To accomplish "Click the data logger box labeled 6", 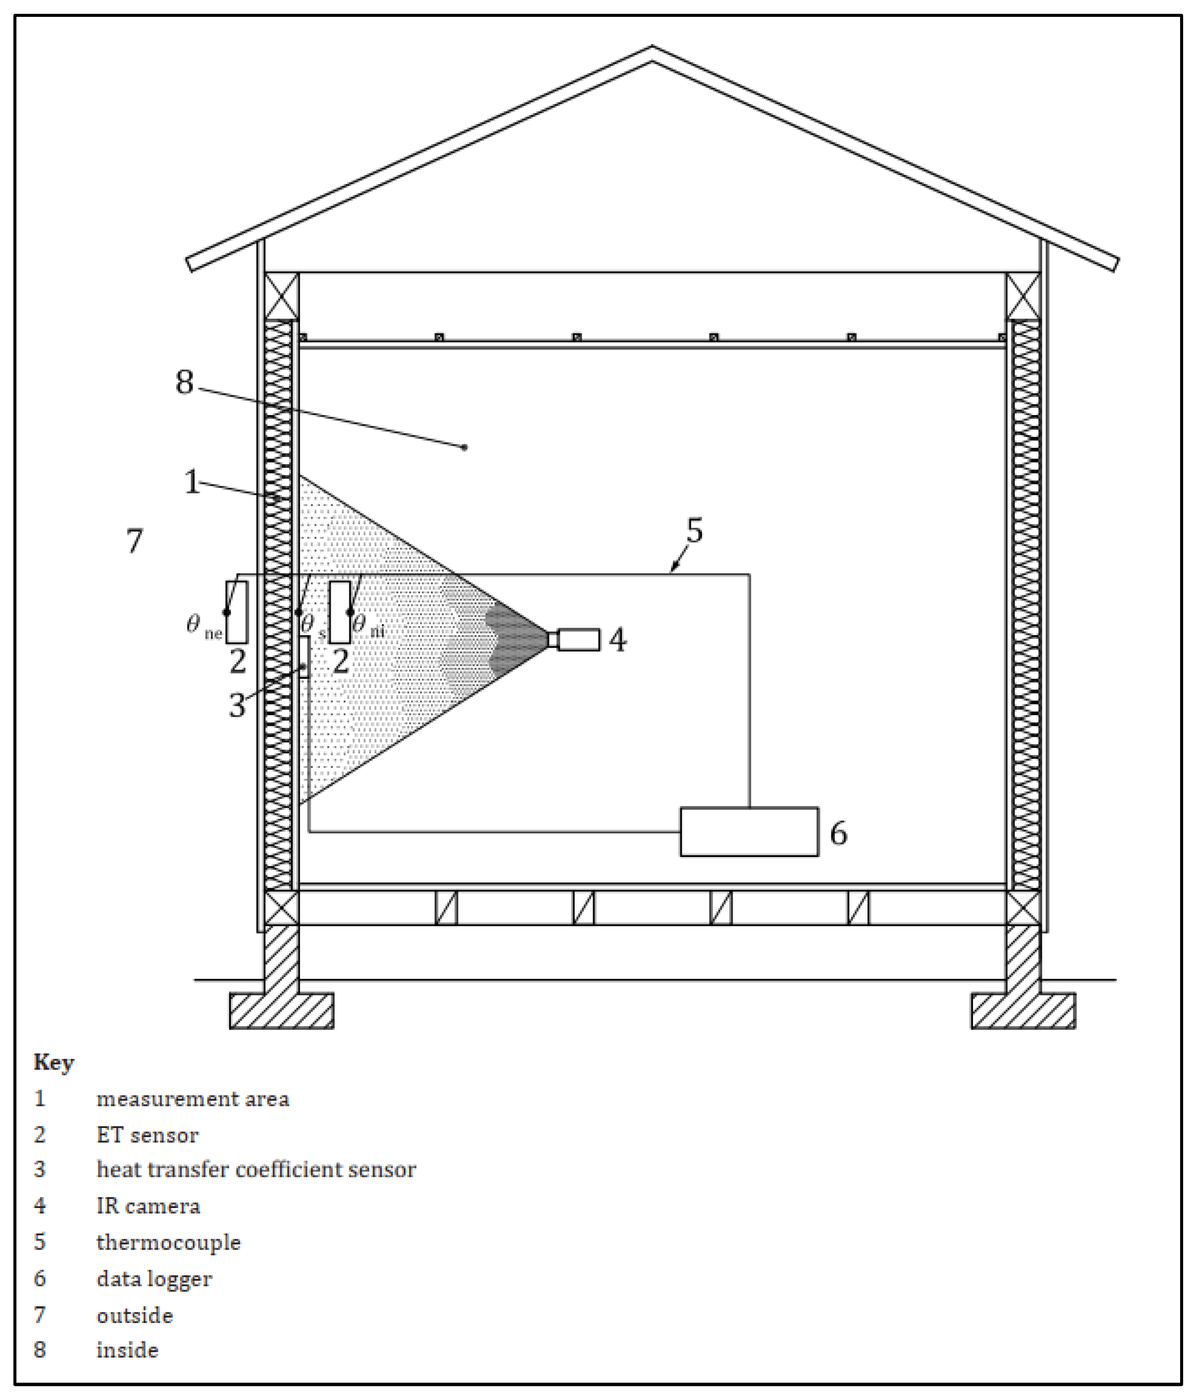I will [749, 832].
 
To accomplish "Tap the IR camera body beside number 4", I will [578, 639].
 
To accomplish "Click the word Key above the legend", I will [54, 1062].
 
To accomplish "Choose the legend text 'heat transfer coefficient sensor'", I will [256, 1170].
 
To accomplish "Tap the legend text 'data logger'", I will [154, 1279].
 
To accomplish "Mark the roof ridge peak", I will [652, 49].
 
